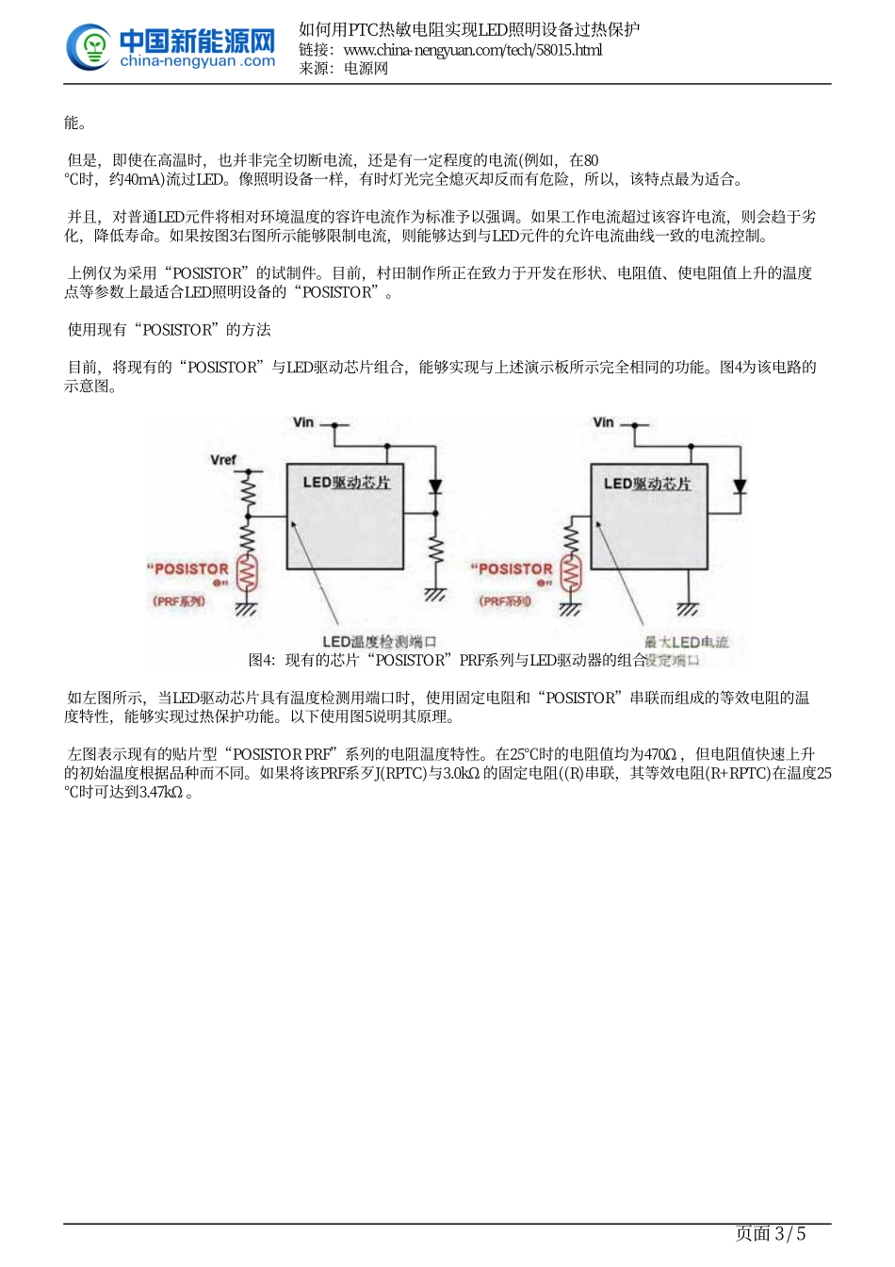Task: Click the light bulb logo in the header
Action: click(x=90, y=47)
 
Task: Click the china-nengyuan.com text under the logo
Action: click(x=198, y=62)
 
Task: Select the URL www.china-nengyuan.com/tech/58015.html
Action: click(x=472, y=50)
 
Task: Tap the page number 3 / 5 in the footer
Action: click(x=770, y=1234)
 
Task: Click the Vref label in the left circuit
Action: click(x=223, y=460)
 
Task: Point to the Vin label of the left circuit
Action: click(x=303, y=423)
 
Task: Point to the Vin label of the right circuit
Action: click(x=604, y=423)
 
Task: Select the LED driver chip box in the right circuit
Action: click(x=647, y=528)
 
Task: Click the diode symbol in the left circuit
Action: click(x=435, y=487)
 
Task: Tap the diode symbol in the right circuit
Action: click(x=740, y=486)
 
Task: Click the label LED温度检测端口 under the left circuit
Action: click(x=379, y=642)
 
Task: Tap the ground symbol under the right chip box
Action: click(x=688, y=608)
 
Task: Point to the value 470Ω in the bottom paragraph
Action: click(x=659, y=755)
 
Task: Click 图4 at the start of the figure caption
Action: click(x=261, y=661)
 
